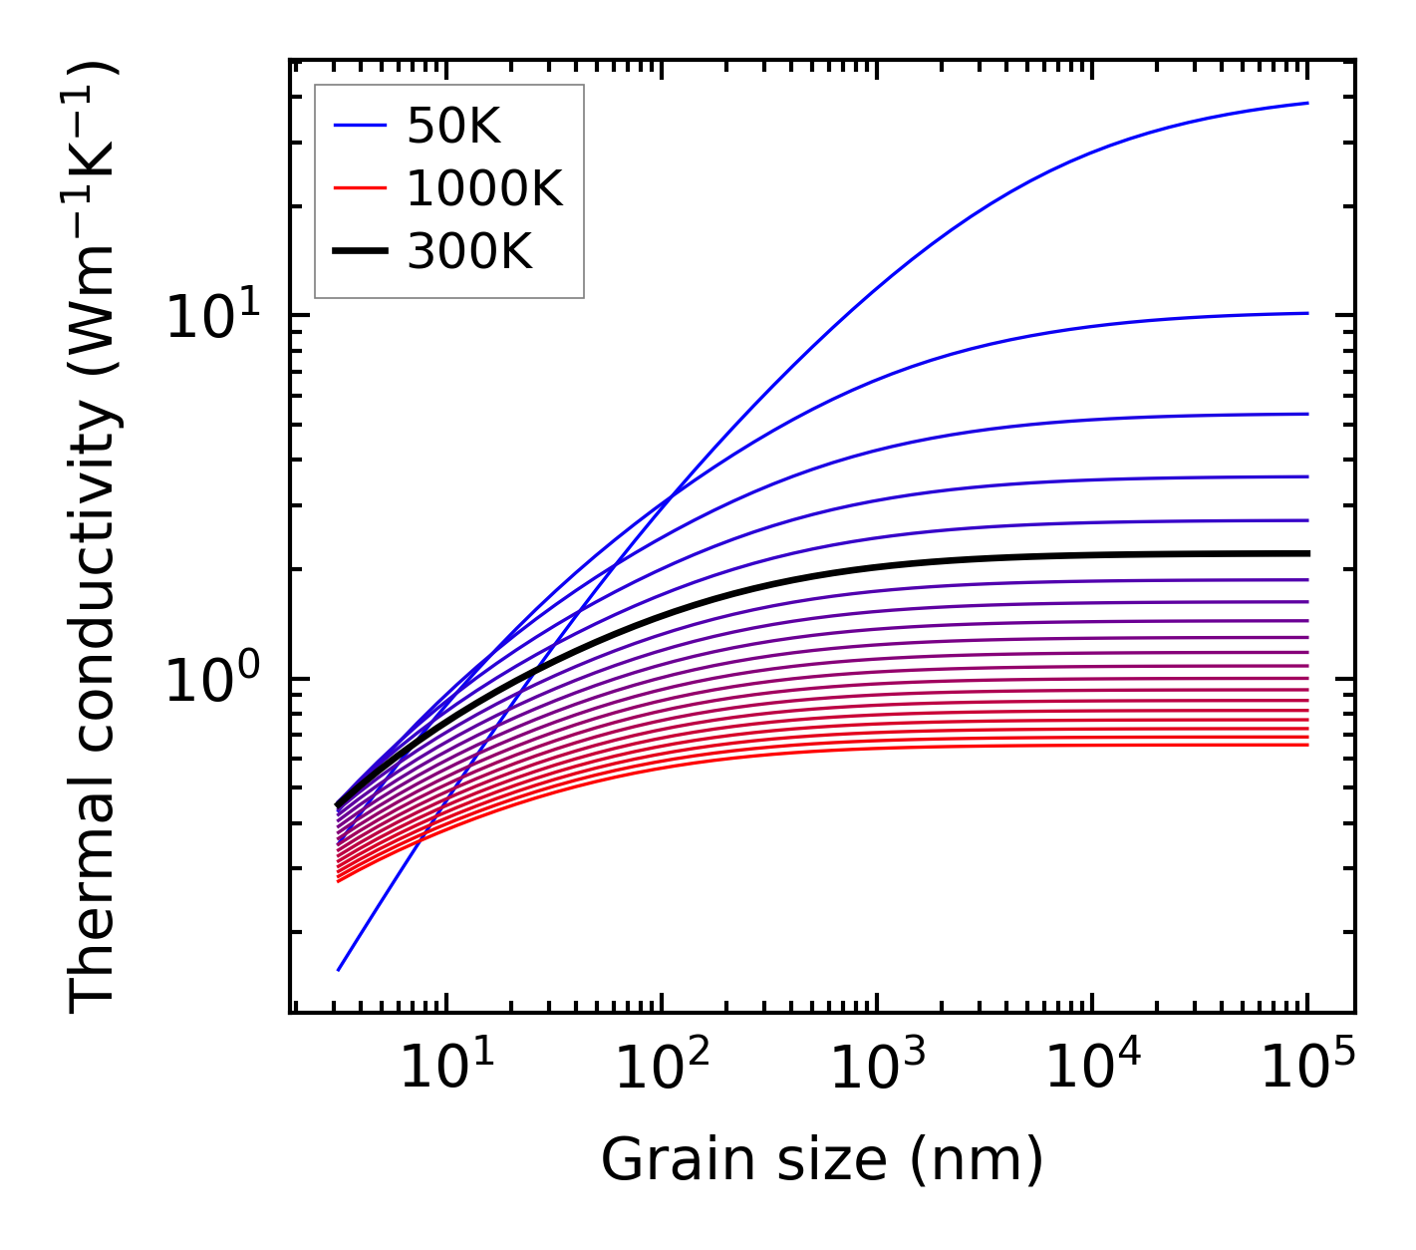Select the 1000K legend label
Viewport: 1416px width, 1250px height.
tap(484, 188)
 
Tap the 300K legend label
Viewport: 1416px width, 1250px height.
tap(469, 252)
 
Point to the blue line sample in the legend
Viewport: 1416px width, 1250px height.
tap(360, 126)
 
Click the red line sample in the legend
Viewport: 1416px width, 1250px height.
tap(360, 188)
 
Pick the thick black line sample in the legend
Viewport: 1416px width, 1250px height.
tap(360, 252)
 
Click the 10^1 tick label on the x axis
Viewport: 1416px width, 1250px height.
tap(445, 1071)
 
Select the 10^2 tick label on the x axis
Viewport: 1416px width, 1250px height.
tap(661, 1071)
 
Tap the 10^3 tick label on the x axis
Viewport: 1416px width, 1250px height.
tap(876, 1071)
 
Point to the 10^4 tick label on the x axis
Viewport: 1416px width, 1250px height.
tap(1092, 1071)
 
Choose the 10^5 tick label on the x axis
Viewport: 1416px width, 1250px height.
tap(1307, 1071)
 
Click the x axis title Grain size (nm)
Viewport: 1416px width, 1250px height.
tap(822, 1161)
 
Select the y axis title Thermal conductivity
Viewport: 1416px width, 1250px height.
tap(95, 538)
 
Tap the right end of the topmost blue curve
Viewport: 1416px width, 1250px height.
tap(1306, 103)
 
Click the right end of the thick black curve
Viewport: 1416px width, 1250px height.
tap(1306, 553)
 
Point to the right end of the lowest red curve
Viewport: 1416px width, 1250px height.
tap(1306, 745)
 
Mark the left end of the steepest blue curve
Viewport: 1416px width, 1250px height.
tap(339, 969)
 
